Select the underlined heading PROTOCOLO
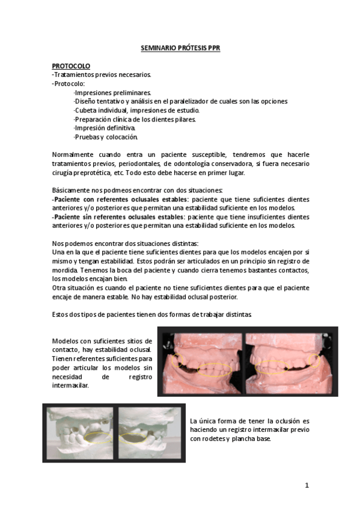click(x=71, y=66)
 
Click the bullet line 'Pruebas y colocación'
click(x=106, y=137)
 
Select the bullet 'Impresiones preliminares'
click(x=112, y=92)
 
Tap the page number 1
click(x=307, y=485)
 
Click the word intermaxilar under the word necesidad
click(x=70, y=386)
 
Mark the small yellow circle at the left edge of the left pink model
click(x=177, y=361)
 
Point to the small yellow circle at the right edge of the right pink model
click(x=314, y=360)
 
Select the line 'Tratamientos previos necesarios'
click(x=102, y=75)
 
